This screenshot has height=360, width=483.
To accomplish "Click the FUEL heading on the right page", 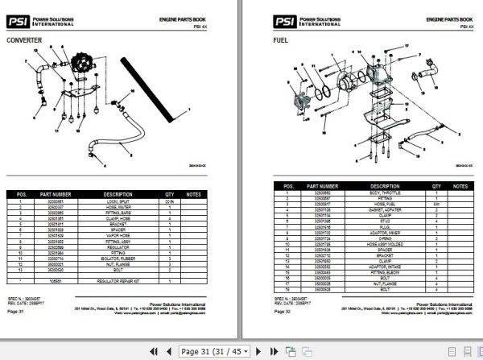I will coord(281,38).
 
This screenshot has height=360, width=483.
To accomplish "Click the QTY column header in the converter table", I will coord(170,194).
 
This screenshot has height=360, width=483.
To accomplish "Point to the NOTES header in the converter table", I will coord(193,194).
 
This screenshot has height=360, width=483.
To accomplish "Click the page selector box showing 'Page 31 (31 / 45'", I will coord(216,351).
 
